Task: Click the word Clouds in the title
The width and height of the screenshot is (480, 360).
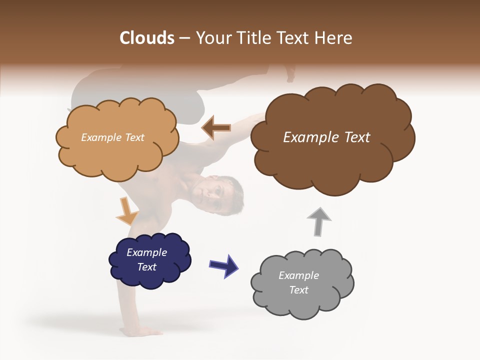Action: pyautogui.click(x=147, y=38)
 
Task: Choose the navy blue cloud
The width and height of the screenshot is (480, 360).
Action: pyautogui.click(x=150, y=277)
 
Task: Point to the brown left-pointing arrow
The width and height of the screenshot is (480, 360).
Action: pyautogui.click(x=216, y=128)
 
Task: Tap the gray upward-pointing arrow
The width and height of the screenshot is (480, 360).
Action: pyautogui.click(x=319, y=221)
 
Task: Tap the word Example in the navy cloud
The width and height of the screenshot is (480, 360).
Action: pyautogui.click(x=146, y=252)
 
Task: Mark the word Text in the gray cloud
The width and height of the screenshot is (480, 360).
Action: pyautogui.click(x=298, y=290)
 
